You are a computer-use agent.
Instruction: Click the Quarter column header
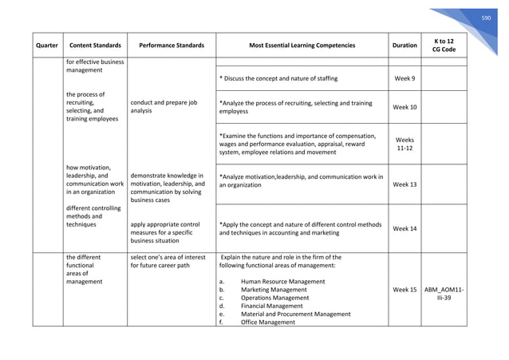coord(45,45)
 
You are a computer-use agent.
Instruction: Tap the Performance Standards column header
coord(172,45)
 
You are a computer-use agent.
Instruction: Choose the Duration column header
coord(404,45)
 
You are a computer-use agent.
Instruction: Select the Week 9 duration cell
coord(404,78)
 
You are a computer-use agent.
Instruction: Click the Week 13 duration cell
coord(404,184)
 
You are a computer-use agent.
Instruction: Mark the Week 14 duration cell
coord(404,229)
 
